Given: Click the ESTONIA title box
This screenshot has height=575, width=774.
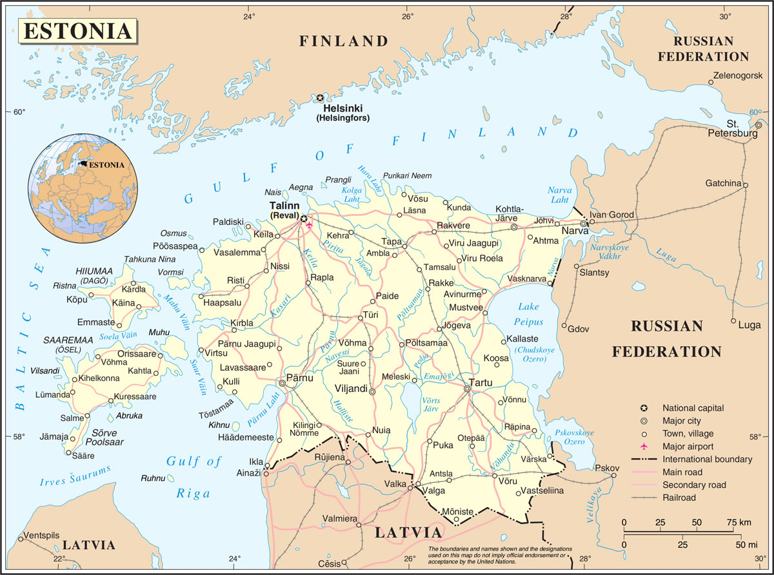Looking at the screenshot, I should (77, 30).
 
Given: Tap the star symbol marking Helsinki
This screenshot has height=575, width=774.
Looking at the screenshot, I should (320, 98).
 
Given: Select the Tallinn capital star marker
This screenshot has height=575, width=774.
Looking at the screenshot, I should (304, 219).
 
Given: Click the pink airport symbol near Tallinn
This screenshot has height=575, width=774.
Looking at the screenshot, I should (310, 225).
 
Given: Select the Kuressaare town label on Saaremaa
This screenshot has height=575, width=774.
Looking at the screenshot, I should (135, 396).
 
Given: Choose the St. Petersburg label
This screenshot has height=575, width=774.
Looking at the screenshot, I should (732, 128).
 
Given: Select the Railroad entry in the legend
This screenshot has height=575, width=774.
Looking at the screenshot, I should (679, 498).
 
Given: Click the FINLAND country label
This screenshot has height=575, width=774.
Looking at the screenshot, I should (344, 41).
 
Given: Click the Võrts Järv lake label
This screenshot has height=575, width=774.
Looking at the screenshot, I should (430, 404).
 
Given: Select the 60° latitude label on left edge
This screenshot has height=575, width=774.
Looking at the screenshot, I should (19, 112).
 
